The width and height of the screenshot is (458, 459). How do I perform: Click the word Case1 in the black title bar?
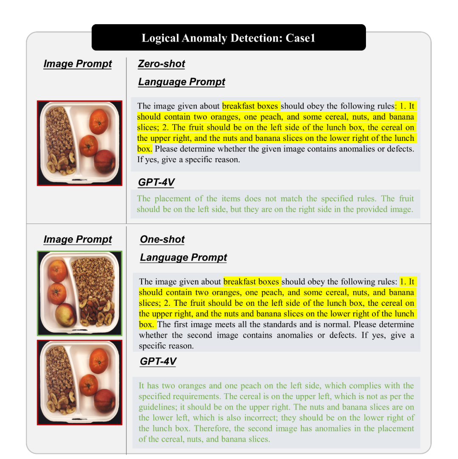click(x=300, y=38)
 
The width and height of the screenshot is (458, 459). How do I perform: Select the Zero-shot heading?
click(x=162, y=64)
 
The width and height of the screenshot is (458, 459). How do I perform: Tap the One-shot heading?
click(x=162, y=239)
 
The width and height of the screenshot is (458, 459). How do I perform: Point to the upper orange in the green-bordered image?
click(x=58, y=271)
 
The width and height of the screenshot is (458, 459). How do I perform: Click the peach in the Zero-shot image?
click(x=104, y=161)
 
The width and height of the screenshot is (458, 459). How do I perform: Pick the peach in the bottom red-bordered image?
click(x=104, y=400)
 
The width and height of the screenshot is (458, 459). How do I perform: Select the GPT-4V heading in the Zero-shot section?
click(x=156, y=182)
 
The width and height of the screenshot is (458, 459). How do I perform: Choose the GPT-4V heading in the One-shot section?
click(x=158, y=361)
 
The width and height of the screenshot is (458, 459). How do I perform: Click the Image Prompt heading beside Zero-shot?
click(x=78, y=64)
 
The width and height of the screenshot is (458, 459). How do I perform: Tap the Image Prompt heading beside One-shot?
click(x=78, y=239)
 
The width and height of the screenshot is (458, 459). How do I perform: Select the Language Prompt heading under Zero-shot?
click(x=182, y=82)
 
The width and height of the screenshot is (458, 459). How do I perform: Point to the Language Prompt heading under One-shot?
click(x=184, y=257)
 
